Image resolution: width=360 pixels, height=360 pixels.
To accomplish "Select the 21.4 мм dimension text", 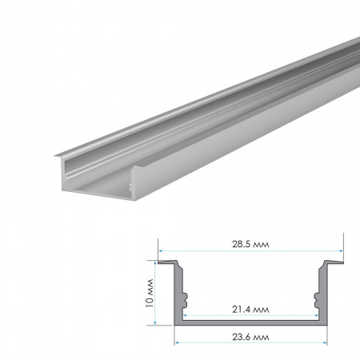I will click(x=250, y=307).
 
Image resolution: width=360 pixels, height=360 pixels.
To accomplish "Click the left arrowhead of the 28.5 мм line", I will click(x=159, y=251).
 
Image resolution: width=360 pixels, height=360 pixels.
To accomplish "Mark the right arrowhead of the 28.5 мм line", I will click(x=341, y=251).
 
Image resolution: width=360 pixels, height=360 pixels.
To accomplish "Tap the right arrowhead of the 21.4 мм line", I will click(x=315, y=314).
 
